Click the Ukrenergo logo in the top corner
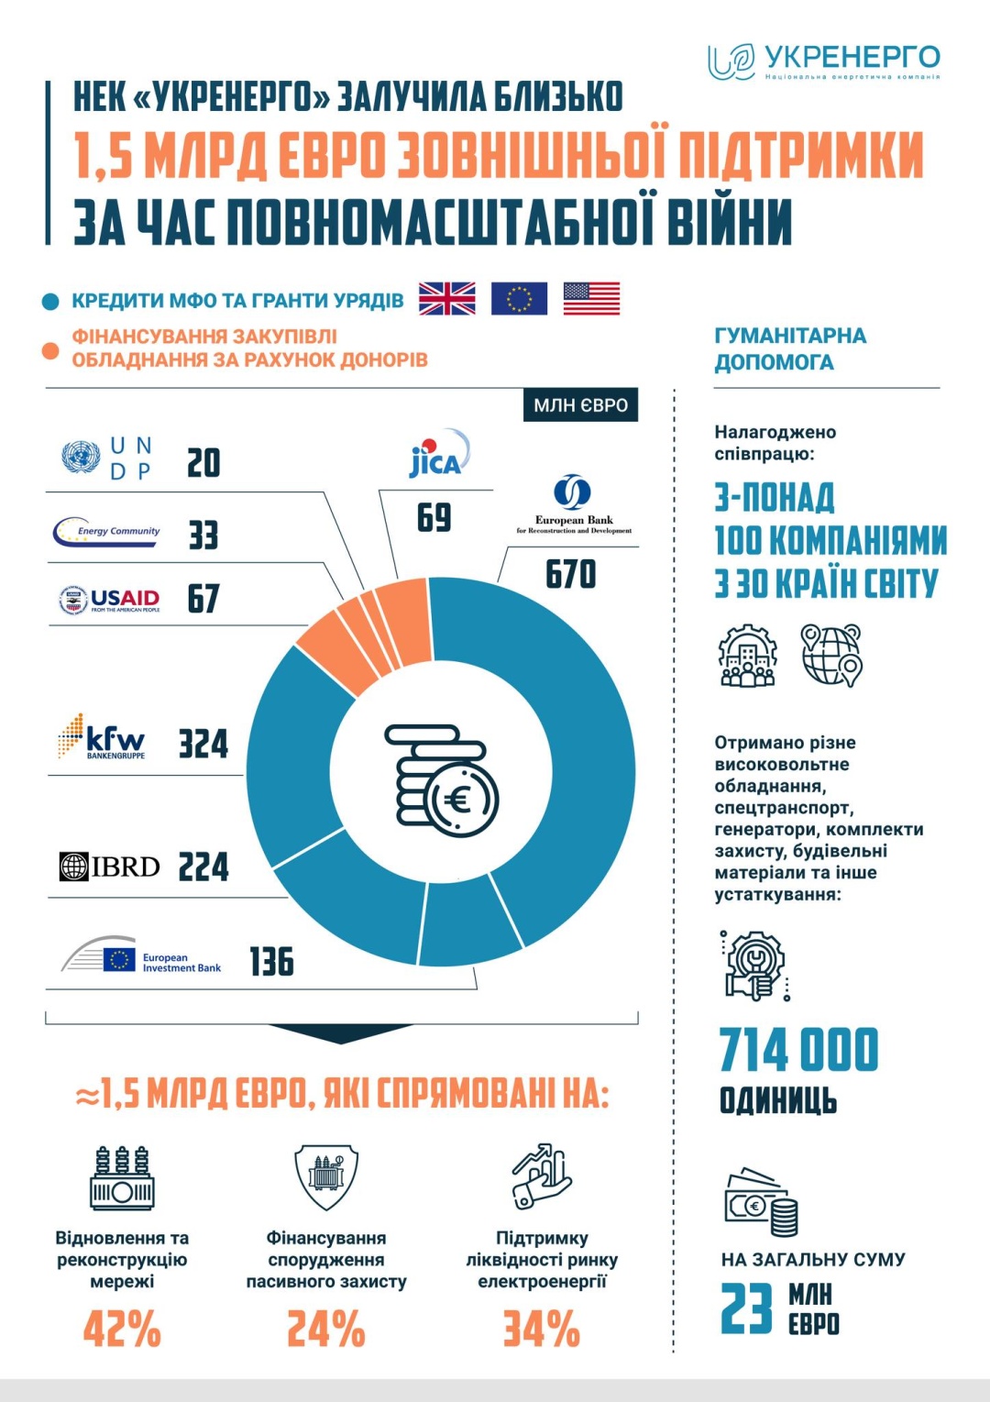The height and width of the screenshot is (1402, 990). (823, 61)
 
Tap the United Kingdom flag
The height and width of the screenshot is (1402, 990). (446, 299)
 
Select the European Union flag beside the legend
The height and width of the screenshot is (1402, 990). (519, 299)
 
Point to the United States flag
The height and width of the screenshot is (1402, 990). (591, 299)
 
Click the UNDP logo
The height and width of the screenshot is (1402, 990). (107, 458)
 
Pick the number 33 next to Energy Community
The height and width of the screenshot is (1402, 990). (203, 535)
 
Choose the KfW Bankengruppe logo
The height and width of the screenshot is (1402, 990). (102, 737)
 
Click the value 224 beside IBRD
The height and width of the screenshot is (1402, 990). (203, 867)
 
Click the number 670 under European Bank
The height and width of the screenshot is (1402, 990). (570, 575)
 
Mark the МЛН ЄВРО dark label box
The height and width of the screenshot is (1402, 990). (580, 405)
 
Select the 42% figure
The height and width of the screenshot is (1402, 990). (122, 1329)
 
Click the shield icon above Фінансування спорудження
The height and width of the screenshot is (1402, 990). (325, 1176)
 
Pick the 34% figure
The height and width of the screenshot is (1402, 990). (542, 1329)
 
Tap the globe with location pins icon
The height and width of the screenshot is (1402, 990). (830, 655)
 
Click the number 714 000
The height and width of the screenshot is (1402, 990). (798, 1051)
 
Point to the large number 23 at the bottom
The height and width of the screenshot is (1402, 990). (746, 1309)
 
